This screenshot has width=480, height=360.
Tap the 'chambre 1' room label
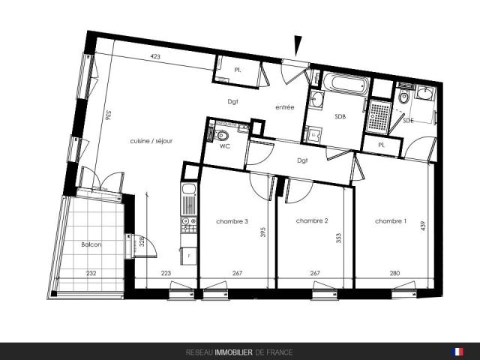pos(391,221)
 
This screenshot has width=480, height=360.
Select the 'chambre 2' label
pos(312,220)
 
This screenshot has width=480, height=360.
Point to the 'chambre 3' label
pos(232,221)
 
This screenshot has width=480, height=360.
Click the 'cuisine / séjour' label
pos(151,141)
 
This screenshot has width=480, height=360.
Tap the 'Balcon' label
pos(91,244)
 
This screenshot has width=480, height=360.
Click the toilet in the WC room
pos(222,136)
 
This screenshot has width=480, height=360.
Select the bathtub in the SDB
pos(346,82)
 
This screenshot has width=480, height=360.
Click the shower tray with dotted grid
pos(379,115)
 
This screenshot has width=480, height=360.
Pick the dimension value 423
pos(155,57)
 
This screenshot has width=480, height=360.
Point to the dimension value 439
pos(423,226)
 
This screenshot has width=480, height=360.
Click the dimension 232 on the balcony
pos(91,273)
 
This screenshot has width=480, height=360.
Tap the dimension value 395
pos(262,232)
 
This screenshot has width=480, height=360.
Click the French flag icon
pos(457,352)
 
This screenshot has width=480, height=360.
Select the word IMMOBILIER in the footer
pos(233,352)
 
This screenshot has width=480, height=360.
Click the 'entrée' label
pos(285,107)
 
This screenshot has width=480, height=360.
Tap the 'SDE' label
pos(408,120)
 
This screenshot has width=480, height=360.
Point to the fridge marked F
pos(189,256)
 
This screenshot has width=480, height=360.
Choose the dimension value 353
pos(338,238)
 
